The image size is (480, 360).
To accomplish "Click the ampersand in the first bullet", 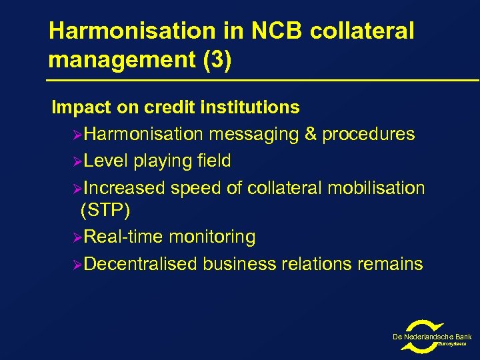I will coord(311,134).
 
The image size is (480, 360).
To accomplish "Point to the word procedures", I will coord(369,134).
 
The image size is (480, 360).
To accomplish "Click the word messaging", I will coord(254,134).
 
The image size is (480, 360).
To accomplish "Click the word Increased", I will coord(125,188).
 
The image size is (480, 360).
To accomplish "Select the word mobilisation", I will coord(380,188).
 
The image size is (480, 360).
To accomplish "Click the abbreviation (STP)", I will coord(105,211).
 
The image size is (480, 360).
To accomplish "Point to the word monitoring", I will coord(212,237).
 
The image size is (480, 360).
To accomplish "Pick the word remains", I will coord(390,264).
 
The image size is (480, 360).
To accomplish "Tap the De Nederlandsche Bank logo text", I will coord(431,337).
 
